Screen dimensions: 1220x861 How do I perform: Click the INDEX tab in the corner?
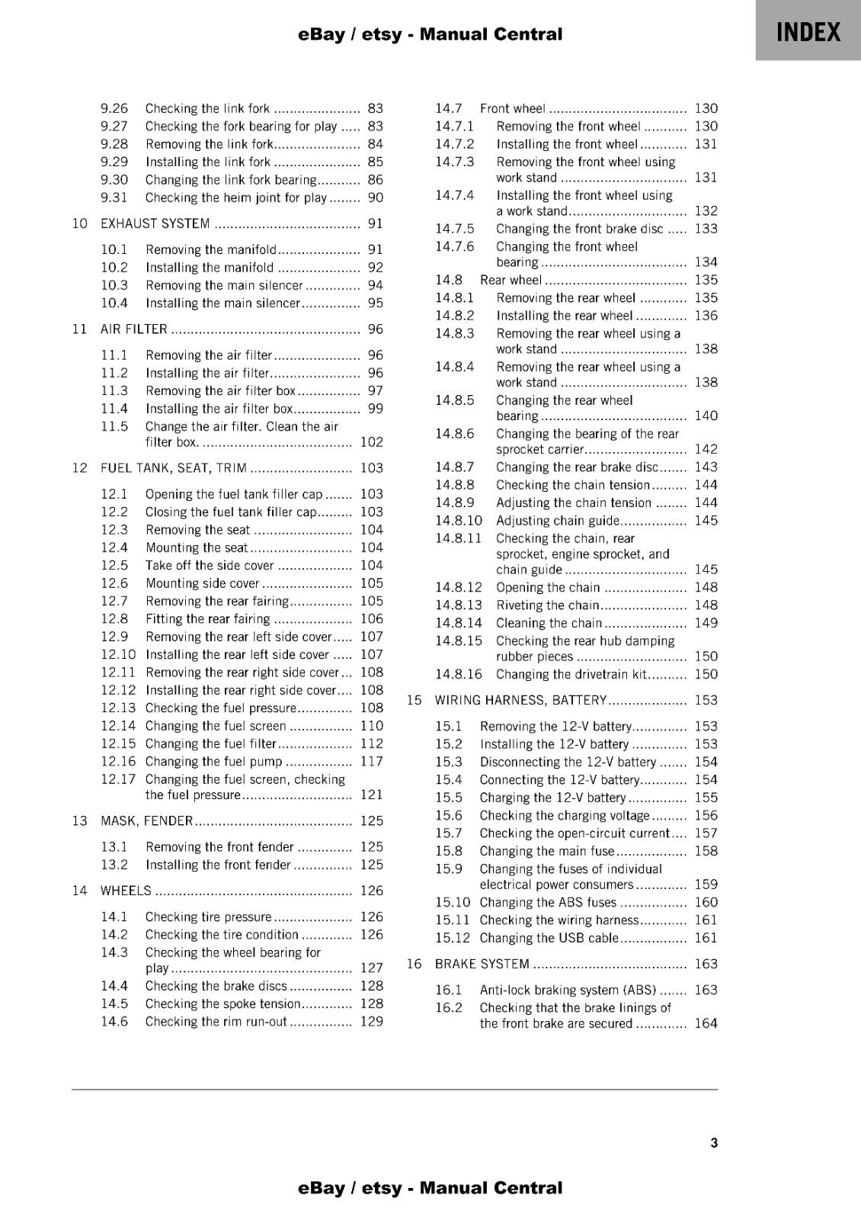pos(808,32)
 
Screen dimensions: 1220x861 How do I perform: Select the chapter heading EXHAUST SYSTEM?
pos(155,223)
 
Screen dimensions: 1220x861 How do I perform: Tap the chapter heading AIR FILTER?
pos(134,329)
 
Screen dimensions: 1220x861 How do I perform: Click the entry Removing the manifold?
pos(211,249)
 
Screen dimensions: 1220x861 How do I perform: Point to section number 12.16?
pos(118,762)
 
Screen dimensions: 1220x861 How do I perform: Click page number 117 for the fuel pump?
pos(371,762)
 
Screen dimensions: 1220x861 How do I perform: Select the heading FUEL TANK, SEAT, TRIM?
pos(174,468)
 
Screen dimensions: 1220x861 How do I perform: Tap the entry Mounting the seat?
pos(197,547)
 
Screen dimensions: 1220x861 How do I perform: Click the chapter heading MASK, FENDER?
pos(147,821)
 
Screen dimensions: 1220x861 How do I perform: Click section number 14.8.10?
pos(459,521)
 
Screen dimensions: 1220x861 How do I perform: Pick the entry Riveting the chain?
pos(547,605)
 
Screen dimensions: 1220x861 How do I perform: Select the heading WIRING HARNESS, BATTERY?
pos(520,700)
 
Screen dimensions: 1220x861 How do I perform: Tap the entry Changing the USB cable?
pos(549,939)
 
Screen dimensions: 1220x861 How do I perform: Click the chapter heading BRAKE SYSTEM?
pos(482,964)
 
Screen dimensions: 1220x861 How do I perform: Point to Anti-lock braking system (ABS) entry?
pos(568,990)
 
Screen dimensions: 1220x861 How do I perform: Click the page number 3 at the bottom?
pos(713,1143)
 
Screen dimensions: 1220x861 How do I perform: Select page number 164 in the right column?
pos(706,1024)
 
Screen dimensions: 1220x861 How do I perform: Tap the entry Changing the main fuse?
pos(546,852)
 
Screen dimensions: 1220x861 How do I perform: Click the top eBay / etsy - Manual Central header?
pos(431,34)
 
